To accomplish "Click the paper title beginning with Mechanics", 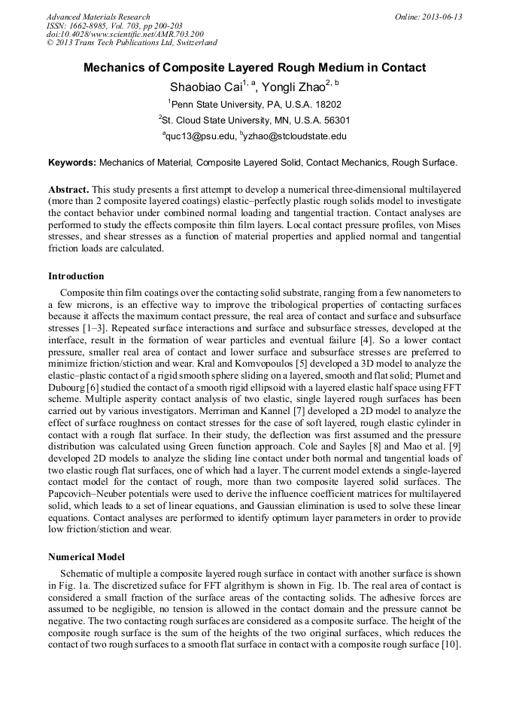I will click(254, 68).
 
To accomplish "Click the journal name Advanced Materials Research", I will click(98, 17).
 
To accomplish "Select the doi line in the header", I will click(125, 35).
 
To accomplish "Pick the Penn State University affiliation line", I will click(254, 105).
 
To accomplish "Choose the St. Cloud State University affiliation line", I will click(254, 120).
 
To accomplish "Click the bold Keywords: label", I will click(72, 162).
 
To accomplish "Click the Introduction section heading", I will click(76, 276).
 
